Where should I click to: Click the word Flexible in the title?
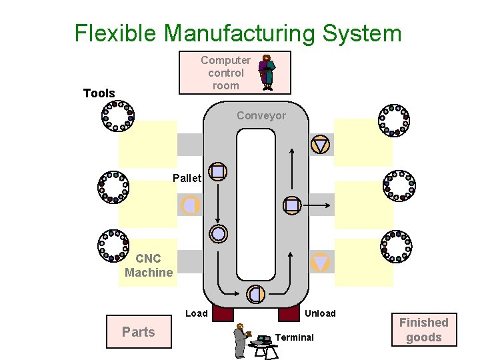point(117,33)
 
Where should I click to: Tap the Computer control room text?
point(225,73)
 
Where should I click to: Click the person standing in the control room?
point(267,72)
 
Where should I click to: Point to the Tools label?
point(99,93)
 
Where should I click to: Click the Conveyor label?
point(261,115)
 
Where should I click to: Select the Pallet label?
point(186,178)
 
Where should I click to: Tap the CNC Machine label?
point(149,265)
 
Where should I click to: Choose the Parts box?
point(139,332)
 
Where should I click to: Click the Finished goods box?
point(424,330)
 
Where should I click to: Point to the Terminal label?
point(294,337)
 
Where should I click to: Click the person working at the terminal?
point(240,341)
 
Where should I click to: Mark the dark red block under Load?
point(223,313)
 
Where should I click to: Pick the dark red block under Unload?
point(289,313)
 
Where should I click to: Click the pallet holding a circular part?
point(219,233)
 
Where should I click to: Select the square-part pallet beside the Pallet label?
point(218,171)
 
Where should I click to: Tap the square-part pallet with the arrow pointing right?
point(292,205)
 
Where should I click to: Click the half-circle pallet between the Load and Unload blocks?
point(255,293)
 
